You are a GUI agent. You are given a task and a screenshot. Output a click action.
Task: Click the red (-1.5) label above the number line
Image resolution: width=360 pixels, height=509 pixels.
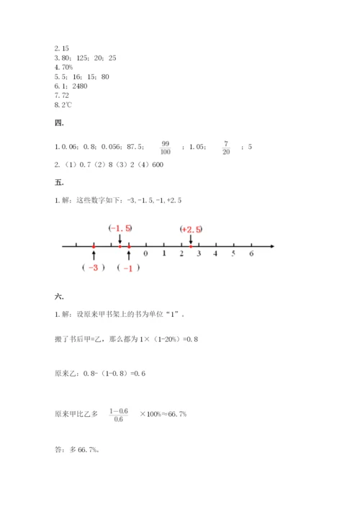coord(120,228)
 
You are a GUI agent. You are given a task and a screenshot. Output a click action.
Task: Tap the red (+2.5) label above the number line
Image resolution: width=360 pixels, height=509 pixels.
coord(191,229)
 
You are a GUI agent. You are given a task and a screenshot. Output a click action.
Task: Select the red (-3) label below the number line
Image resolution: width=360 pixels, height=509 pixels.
coord(94,267)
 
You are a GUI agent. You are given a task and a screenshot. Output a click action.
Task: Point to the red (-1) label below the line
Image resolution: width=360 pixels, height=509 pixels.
coord(128,268)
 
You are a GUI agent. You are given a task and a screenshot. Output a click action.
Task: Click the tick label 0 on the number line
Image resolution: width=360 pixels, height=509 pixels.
coord(146,254)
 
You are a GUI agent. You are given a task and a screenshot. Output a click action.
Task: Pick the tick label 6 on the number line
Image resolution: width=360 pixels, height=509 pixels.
coord(251,254)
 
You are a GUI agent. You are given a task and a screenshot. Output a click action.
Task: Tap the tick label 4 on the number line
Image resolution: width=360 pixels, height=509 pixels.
coord(216,254)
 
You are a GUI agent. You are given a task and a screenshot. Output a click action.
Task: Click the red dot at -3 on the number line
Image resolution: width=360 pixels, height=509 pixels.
coord(94,246)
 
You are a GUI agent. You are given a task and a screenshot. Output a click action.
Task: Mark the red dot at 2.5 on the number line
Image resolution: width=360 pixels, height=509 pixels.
coord(190,246)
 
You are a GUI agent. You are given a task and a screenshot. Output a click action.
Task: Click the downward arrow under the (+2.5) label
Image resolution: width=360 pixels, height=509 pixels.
coord(191,239)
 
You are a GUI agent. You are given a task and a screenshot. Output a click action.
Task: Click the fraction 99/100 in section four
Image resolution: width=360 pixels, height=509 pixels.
coord(166,148)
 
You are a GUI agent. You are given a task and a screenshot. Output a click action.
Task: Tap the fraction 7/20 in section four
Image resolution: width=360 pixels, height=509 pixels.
coord(225,148)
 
